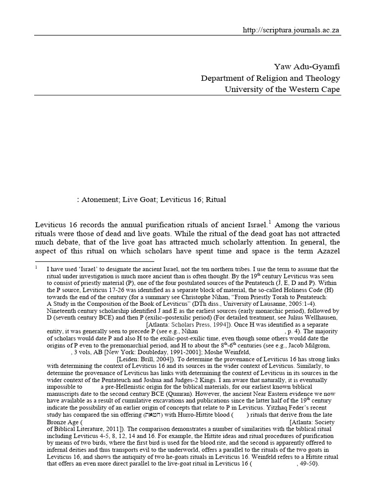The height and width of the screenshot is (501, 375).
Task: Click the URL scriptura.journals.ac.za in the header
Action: [x=292, y=30]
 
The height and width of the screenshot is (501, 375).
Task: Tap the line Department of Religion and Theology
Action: [x=271, y=78]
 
